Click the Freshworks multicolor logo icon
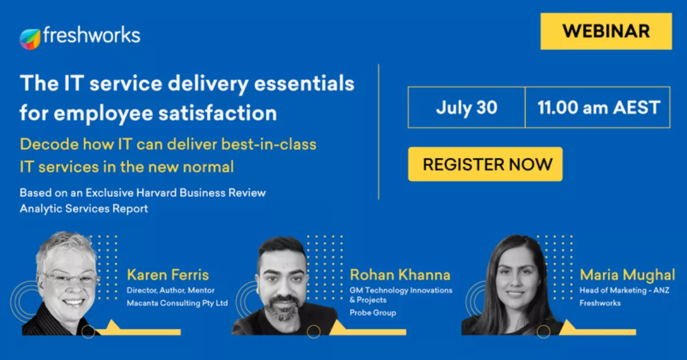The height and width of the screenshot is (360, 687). tap(30, 39)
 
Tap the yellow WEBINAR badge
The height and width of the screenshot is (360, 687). tap(606, 31)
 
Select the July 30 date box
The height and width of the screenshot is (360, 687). tap(467, 108)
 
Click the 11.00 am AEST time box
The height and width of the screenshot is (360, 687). tap(598, 108)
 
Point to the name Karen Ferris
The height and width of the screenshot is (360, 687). tap(168, 275)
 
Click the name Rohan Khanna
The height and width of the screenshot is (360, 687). tap(400, 275)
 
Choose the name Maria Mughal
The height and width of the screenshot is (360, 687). tap(627, 275)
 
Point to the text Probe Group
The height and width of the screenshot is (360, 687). tap(373, 312)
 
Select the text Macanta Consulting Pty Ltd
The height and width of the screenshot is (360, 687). tap(177, 303)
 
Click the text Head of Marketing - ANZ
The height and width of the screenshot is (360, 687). tap(625, 290)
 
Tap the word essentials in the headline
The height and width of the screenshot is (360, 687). tap(304, 84)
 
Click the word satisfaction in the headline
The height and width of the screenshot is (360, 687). tap(218, 113)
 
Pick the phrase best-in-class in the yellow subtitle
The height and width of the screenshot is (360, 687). tap(269, 144)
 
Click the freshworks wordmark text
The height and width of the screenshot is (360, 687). tap(92, 35)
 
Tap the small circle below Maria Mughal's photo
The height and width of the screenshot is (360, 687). tap(543, 331)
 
